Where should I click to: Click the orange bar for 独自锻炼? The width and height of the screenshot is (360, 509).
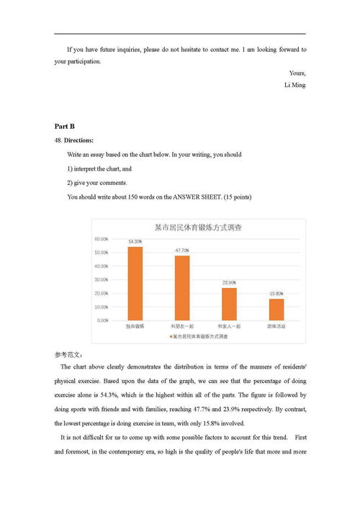(135, 283)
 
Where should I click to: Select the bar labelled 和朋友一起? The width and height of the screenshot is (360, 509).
(181, 287)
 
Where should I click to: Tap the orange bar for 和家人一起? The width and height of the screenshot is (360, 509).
(229, 303)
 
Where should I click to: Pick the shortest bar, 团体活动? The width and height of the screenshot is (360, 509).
(276, 309)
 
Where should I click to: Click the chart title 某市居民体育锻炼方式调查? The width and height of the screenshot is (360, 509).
(198, 227)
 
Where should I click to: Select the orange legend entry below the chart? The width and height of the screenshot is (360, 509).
(198, 336)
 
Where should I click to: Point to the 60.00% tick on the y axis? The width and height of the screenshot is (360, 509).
(102, 239)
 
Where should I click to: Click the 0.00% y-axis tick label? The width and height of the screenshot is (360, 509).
(102, 320)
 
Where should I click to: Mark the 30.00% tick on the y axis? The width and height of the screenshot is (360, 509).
(102, 279)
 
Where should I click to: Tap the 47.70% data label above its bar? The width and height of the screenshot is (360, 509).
(182, 250)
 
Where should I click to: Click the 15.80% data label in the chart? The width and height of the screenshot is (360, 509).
(276, 294)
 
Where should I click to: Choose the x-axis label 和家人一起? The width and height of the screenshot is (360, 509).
(229, 326)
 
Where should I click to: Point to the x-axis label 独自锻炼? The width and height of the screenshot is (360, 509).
(135, 326)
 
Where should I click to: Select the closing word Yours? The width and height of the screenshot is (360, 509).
(297, 73)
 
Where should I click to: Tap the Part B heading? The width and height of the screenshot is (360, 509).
(64, 127)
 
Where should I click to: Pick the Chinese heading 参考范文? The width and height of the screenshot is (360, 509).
(68, 355)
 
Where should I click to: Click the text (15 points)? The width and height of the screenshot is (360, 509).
(238, 197)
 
